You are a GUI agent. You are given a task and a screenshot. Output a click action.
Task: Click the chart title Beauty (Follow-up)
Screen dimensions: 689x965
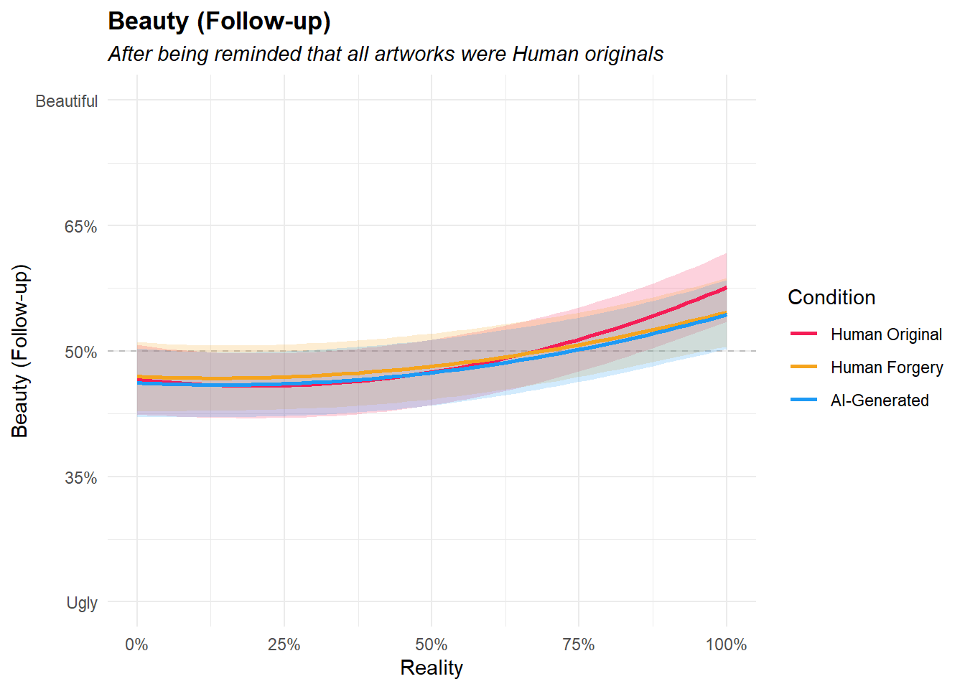point(219,22)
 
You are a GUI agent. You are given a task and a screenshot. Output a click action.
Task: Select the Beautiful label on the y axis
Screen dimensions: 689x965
point(67,101)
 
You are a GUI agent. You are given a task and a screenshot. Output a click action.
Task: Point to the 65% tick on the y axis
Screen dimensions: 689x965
point(81,227)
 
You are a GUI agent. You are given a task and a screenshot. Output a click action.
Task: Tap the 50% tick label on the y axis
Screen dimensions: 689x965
point(81,352)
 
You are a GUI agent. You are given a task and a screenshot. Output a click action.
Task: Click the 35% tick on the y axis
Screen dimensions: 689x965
point(81,478)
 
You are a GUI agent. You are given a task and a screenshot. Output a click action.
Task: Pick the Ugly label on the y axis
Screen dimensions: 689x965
point(82,603)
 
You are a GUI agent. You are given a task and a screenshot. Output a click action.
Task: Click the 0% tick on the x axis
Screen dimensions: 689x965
point(136,645)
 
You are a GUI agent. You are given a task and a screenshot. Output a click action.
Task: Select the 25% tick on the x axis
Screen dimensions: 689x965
point(284,645)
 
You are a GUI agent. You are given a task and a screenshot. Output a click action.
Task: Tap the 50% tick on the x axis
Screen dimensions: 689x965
point(432,645)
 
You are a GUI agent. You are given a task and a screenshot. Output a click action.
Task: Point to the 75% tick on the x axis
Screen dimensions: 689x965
point(579,645)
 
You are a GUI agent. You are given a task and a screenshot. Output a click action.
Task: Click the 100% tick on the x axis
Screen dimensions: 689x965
point(726,645)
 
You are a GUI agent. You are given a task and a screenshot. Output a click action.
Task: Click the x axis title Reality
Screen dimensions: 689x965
point(432,668)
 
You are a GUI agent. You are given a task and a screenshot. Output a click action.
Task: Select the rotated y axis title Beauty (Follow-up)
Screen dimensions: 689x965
point(20,351)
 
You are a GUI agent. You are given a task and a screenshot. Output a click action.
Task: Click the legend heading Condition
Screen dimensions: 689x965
point(831,297)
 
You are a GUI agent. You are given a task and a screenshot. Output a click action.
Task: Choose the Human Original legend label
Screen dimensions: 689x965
point(886,334)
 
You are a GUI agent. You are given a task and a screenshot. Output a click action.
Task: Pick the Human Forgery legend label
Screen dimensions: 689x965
point(887,367)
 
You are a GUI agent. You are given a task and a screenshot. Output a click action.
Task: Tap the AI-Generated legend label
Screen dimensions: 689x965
point(880,400)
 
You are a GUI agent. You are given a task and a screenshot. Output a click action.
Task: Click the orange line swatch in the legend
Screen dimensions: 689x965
point(804,367)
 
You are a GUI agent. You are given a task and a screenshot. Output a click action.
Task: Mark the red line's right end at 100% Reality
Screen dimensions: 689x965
point(726,288)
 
